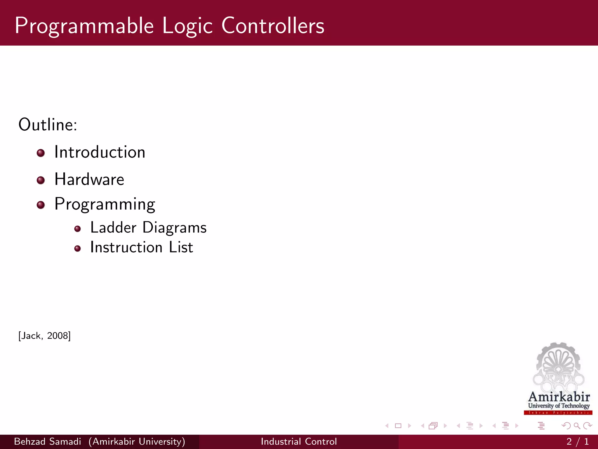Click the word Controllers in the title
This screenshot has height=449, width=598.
273,26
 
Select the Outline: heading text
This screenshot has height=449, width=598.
48,125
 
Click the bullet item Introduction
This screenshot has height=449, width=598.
100,152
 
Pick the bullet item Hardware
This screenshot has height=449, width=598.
89,179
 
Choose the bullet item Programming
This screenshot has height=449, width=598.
105,204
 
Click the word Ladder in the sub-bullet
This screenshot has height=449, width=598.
113,228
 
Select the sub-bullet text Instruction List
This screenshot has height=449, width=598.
142,247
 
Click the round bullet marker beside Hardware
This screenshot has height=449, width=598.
41,180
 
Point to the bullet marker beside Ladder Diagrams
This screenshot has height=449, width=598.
77,229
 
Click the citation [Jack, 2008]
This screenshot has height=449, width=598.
44,336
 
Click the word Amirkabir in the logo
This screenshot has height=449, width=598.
559,397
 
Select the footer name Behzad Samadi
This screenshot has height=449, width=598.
47,441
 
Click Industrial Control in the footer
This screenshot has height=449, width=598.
299,441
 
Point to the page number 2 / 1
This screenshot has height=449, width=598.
577,441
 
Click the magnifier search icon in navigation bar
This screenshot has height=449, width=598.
577,426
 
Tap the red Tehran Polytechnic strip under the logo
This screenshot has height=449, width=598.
558,413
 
